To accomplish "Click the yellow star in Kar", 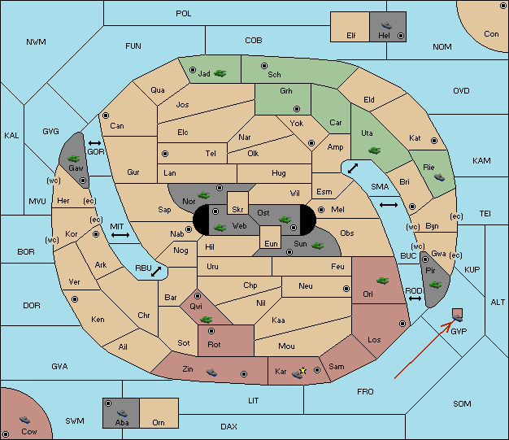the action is coord(302,371).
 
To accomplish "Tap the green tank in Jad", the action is coord(220,73).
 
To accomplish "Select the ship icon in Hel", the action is coord(386,25).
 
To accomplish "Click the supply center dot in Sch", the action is coord(264,66).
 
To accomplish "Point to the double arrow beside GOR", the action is coord(95,143).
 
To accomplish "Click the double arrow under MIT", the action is coord(120,235).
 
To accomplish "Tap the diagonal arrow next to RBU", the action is coord(156,272).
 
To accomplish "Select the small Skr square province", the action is coord(237,203).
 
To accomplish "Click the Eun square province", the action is coord(271,237).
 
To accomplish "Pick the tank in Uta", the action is coord(374,150).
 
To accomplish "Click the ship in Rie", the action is coord(440,177).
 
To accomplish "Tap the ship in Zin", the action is coord(211,372).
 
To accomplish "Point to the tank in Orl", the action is coord(382,281).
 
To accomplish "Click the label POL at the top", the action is coord(184,14).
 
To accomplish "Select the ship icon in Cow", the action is coord(24,420).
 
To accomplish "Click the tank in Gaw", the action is coord(74,158).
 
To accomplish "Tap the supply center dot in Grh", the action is coord(297,109).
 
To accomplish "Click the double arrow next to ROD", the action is coord(415,298).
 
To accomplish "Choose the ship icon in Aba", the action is coord(122,413).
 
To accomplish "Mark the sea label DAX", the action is coord(228,426).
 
